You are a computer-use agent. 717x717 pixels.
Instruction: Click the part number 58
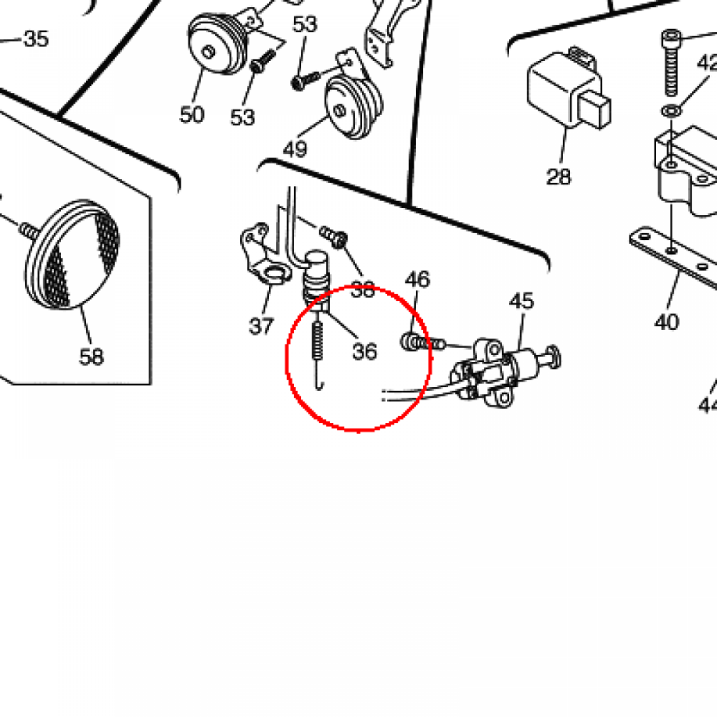92,356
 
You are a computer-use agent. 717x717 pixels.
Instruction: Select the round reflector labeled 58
72,253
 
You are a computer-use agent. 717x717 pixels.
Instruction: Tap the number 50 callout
192,114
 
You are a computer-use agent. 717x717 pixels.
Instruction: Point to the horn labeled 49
353,104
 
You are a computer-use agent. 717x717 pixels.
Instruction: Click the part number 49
295,149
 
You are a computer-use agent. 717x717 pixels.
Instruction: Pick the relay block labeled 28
569,89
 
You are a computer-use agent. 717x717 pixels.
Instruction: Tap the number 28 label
558,176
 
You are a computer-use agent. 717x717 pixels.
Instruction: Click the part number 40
667,322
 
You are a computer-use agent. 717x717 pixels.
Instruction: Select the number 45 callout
521,301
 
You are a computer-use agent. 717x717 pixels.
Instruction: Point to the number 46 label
417,279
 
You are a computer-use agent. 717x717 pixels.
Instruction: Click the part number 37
261,326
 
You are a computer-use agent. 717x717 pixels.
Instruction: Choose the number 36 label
364,351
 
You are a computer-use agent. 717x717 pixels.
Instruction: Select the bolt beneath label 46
422,343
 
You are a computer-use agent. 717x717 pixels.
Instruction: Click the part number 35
36,39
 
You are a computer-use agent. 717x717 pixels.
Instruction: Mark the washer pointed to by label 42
671,111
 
